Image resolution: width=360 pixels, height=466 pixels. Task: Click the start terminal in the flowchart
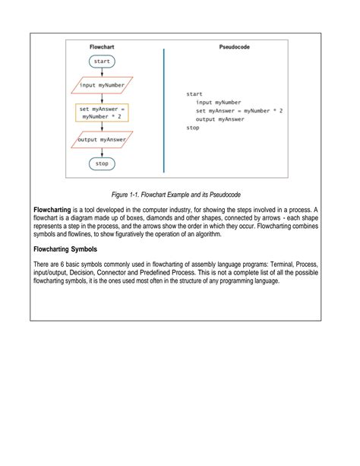(102, 61)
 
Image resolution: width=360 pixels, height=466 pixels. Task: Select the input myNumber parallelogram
(102, 85)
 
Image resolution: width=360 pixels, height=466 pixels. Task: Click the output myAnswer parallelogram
(102, 140)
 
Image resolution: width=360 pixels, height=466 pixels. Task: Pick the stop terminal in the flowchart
(102, 163)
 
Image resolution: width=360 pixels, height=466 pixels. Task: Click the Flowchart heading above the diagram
(102, 46)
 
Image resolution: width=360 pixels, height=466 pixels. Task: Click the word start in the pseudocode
(194, 94)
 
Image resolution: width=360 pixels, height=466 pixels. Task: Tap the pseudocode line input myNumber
(218, 102)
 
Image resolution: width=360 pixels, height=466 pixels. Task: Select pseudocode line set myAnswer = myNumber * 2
(239, 110)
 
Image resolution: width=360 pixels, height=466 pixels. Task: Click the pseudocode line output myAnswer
(220, 119)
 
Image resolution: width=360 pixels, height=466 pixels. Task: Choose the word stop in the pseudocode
(193, 128)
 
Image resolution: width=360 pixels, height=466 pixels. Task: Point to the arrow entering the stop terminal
(102, 153)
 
